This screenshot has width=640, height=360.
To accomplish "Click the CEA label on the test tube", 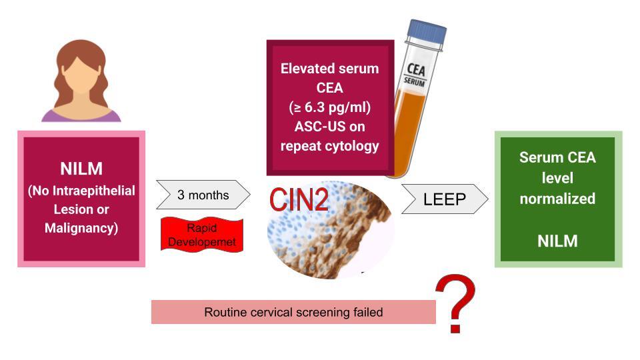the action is (x=416, y=69).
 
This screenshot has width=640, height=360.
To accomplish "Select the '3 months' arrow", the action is (x=203, y=195).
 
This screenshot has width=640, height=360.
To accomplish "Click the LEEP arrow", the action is (x=445, y=199).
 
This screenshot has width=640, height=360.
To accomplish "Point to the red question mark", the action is (x=456, y=303).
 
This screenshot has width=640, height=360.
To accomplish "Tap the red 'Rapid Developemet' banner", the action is (x=202, y=234).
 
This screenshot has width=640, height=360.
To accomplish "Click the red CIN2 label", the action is (x=299, y=199).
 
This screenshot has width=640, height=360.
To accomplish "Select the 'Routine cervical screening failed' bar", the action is (x=293, y=312).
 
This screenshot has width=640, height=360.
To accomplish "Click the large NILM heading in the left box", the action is (x=81, y=169).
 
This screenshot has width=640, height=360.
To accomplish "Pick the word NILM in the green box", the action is (x=557, y=241).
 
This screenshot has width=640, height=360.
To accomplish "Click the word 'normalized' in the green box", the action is (x=557, y=199).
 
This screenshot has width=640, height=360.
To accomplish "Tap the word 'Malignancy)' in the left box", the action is (x=81, y=228).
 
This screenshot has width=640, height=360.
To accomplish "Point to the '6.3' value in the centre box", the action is (x=314, y=107).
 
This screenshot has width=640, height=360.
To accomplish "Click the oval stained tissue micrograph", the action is (x=331, y=230).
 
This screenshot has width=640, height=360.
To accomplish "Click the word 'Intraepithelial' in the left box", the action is (x=94, y=191).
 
